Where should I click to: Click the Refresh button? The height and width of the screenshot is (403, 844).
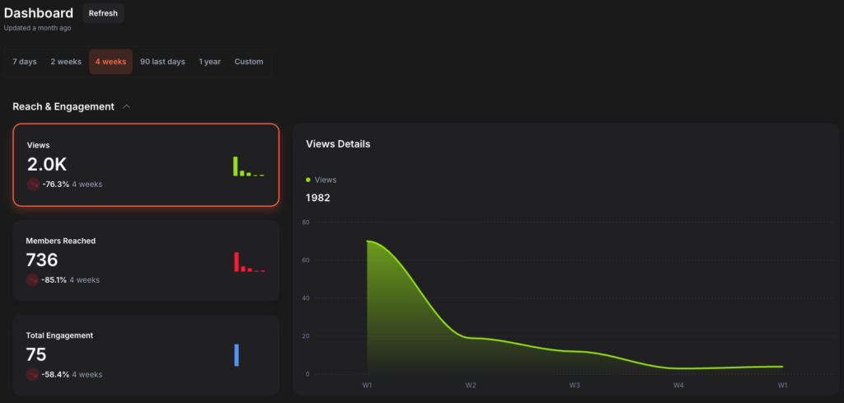[103, 13]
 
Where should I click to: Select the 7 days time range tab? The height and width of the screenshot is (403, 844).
[25, 62]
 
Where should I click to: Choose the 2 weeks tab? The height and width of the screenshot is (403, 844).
[65, 62]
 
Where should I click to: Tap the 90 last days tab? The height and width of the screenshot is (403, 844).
[162, 62]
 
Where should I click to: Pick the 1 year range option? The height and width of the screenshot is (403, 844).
[209, 62]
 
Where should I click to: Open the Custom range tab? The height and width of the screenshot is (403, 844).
[249, 62]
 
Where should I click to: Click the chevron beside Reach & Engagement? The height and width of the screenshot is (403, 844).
[126, 106]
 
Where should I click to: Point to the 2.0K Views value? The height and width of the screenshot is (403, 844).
[47, 164]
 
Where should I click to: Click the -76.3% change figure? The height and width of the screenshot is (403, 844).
[55, 184]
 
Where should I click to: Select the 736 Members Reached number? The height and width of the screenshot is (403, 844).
[42, 260]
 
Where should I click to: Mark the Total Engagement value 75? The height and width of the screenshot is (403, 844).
[36, 354]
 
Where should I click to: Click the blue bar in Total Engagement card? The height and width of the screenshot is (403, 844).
[237, 354]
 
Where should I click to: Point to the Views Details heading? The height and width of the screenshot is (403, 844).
[338, 144]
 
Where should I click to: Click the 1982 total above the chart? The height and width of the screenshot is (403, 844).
[318, 198]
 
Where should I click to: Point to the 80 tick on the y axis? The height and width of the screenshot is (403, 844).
[305, 223]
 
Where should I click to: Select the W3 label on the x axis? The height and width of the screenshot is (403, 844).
[574, 385]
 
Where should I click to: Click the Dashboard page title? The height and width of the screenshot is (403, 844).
[39, 13]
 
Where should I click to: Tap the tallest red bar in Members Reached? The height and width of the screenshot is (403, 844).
[236, 261]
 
